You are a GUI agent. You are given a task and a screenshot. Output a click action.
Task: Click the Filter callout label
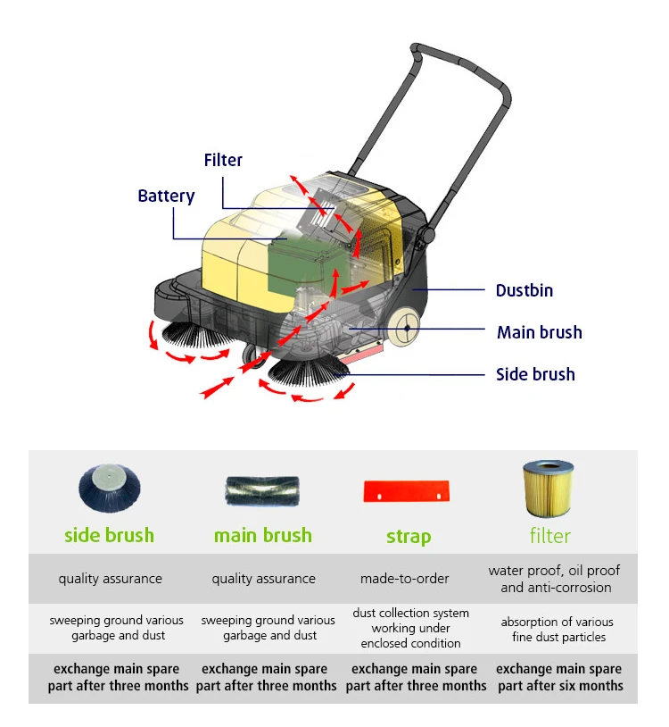[223, 160]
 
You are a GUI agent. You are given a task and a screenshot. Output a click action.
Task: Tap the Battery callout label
[166, 196]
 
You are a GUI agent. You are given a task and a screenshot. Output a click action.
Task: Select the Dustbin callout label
[524, 290]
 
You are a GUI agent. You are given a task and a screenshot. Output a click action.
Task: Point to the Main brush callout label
[539, 332]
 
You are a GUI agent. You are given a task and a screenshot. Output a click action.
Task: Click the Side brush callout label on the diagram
[535, 374]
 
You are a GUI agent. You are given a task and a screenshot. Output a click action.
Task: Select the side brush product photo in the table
[109, 489]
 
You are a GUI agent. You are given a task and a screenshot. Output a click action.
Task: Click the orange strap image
[407, 490]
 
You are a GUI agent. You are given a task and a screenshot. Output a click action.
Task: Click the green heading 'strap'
[409, 537]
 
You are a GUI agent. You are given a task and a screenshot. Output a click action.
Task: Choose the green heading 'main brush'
[263, 536]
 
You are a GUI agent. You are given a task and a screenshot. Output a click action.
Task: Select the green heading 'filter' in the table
[549, 536]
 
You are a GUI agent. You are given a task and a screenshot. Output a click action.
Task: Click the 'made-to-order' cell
[405, 579]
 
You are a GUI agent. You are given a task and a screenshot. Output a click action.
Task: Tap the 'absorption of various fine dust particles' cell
[557, 629]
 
